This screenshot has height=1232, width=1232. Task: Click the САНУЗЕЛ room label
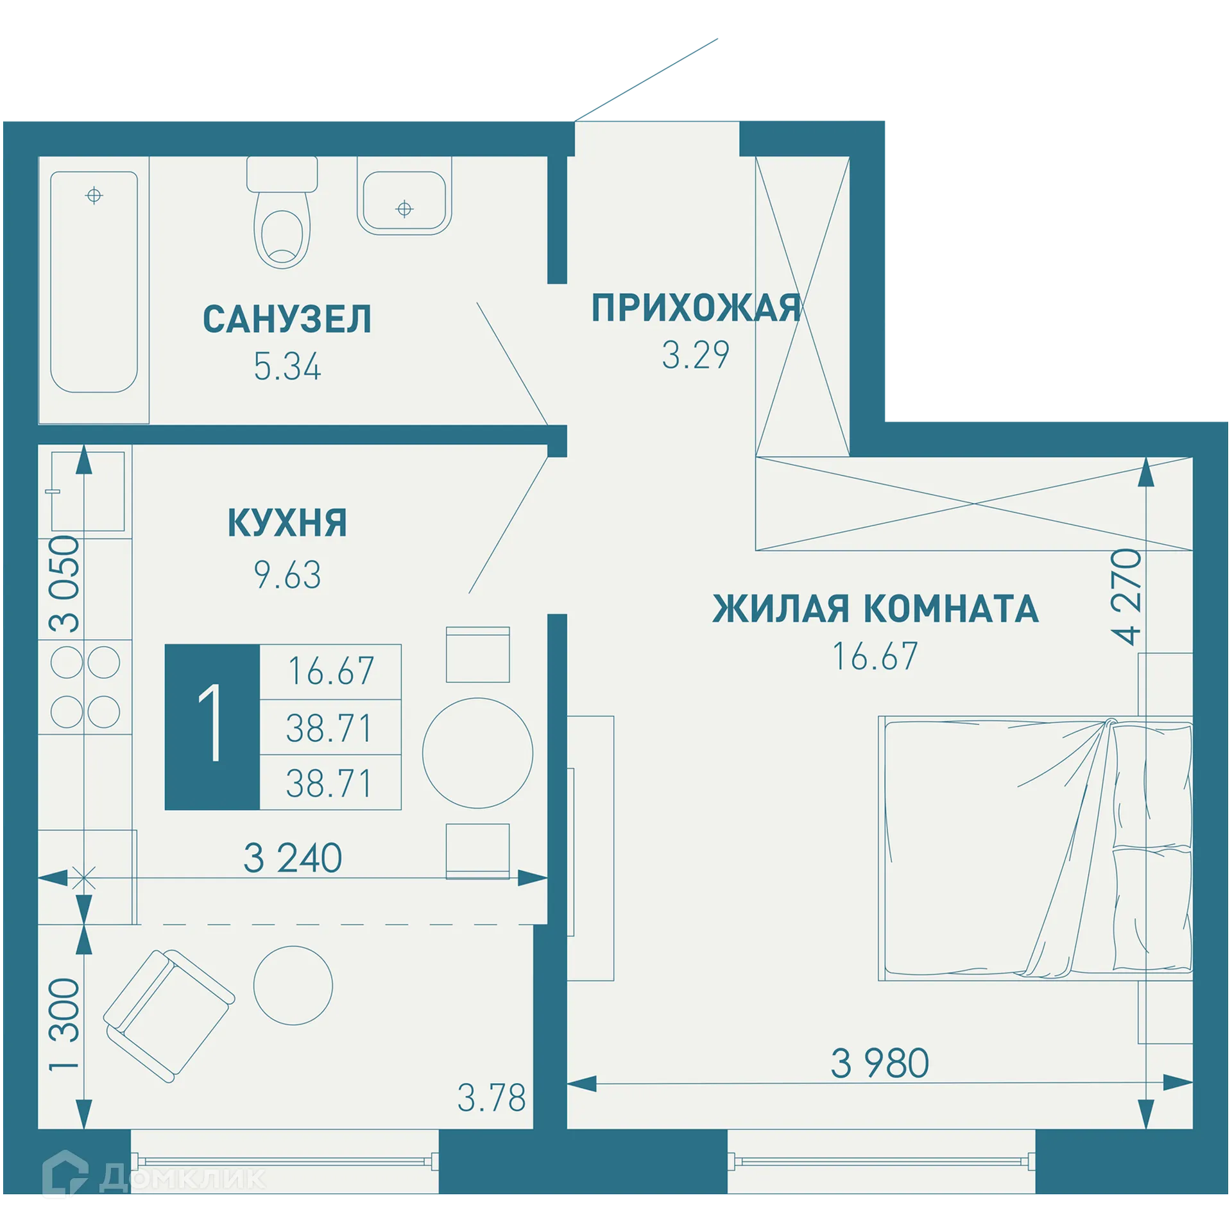coord(287,320)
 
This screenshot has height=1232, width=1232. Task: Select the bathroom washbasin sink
coord(404,200)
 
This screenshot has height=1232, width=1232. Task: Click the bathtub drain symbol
coord(94,195)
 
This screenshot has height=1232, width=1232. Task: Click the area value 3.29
coord(696,355)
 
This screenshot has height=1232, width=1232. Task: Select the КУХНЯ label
coord(287,523)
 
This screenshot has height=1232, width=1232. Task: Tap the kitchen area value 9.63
coord(287,574)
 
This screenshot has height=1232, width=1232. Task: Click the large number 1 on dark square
coord(212,726)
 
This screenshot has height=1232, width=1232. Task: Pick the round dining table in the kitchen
coord(477,753)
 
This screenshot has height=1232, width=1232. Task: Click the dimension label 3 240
coord(293,858)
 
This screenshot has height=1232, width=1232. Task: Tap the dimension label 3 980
coord(880,1063)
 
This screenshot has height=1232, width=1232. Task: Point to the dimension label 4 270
coord(1127,597)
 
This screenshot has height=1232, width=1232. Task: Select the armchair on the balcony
coord(169,1016)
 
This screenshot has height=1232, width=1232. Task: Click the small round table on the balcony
coord(293,985)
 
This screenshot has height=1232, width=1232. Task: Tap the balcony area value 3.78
coord(491,1098)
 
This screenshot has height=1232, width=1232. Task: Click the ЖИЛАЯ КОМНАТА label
coord(875,608)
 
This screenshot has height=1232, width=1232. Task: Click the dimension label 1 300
coord(65,1024)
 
